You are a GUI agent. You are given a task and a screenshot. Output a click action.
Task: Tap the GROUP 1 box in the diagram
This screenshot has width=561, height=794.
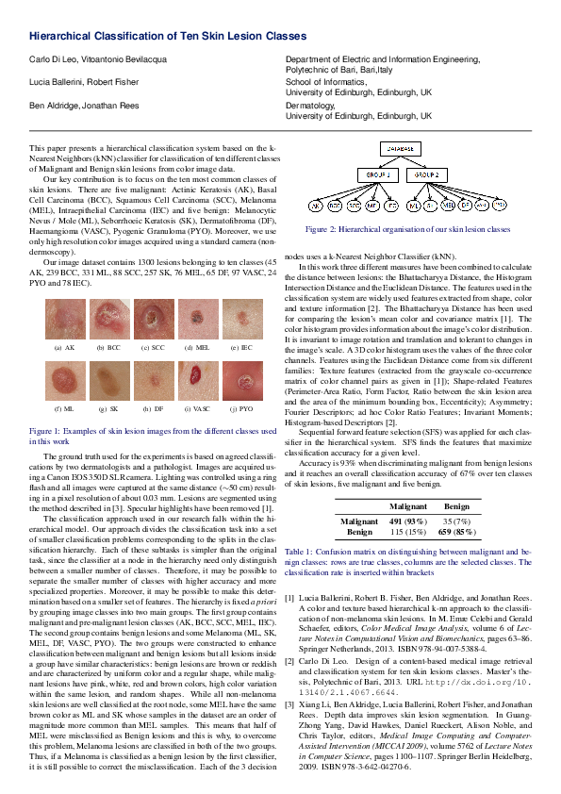tap(377, 175)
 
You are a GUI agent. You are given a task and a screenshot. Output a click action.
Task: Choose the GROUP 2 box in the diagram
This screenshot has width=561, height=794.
tap(430, 175)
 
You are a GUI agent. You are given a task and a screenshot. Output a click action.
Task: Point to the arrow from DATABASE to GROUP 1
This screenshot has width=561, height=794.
tap(389, 162)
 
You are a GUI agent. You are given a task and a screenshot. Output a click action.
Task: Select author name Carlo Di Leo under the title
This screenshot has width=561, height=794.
tap(50, 58)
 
